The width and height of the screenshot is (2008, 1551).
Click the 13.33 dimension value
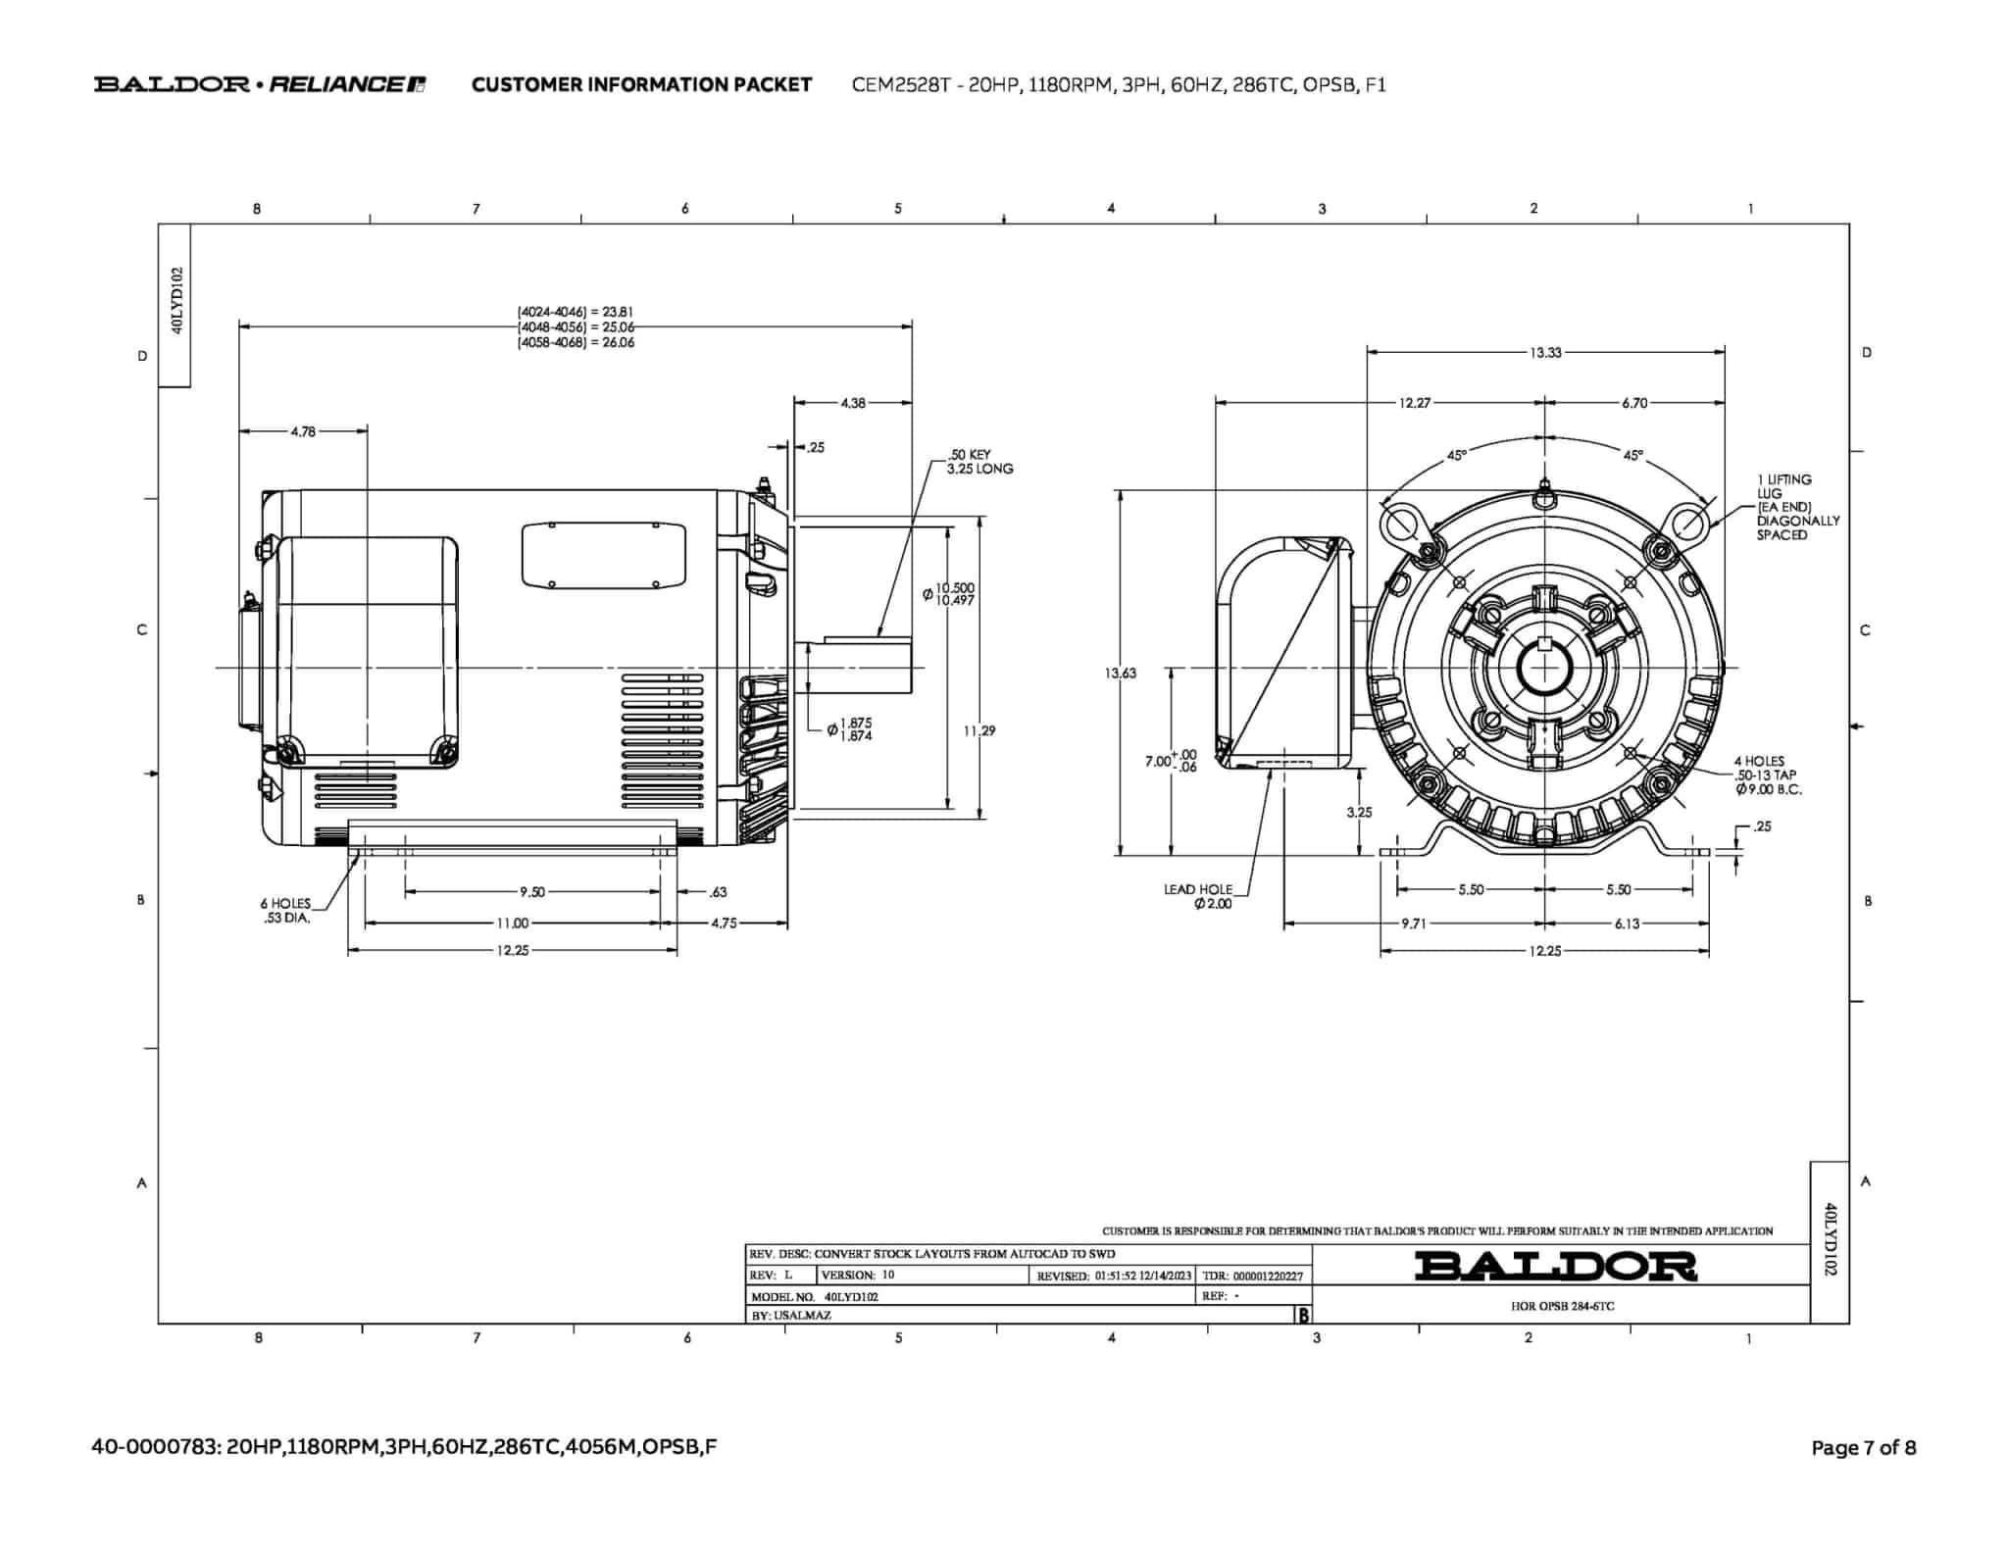(x=1545, y=352)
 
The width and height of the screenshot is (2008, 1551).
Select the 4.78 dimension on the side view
(x=303, y=431)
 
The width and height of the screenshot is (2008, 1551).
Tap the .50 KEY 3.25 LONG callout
(x=979, y=462)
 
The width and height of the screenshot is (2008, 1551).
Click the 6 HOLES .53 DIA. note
(x=285, y=911)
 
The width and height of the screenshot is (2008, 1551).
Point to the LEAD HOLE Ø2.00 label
(x=1199, y=896)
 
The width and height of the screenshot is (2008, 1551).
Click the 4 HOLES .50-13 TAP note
(x=1766, y=775)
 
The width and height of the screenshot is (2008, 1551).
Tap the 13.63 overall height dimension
(x=1120, y=673)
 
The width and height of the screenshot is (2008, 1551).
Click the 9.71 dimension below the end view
(x=1413, y=924)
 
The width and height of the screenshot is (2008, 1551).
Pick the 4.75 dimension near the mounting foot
(x=724, y=924)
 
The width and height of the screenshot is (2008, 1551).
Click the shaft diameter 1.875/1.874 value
(x=853, y=728)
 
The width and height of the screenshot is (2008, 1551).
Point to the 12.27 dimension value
(x=1414, y=403)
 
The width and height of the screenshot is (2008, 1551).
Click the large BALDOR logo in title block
(x=1555, y=1267)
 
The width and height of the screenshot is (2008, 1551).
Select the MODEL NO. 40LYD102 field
(x=816, y=1296)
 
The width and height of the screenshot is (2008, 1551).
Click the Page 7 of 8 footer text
(x=1863, y=1448)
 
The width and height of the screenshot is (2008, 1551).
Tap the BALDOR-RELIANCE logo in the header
(x=259, y=84)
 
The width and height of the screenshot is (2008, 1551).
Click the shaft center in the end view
(x=1544, y=670)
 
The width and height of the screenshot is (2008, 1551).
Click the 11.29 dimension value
(x=979, y=730)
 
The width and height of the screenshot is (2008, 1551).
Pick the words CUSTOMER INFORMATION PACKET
(x=641, y=84)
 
